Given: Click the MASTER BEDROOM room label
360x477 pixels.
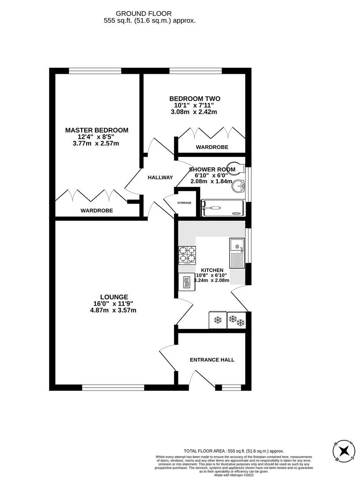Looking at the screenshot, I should [x=97, y=130].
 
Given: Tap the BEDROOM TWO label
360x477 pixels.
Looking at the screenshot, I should [x=195, y=98].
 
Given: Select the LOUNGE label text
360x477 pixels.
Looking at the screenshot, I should [x=114, y=297].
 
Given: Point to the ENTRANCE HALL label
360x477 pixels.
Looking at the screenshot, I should [x=212, y=360].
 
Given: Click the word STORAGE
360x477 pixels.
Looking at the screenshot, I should [x=184, y=203].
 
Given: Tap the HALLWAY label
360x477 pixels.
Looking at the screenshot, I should [x=160, y=178].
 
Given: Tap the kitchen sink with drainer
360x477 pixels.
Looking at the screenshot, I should [x=237, y=253].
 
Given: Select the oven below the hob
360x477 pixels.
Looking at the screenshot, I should [x=186, y=282].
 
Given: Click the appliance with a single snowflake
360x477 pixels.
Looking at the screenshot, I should [x=217, y=320].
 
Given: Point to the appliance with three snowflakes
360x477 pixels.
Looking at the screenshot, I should [x=236, y=320].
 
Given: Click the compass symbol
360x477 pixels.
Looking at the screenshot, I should [x=344, y=451].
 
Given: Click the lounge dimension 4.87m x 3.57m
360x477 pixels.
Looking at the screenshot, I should [x=113, y=310].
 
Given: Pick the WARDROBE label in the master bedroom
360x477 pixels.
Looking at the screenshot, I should [x=96, y=211].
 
